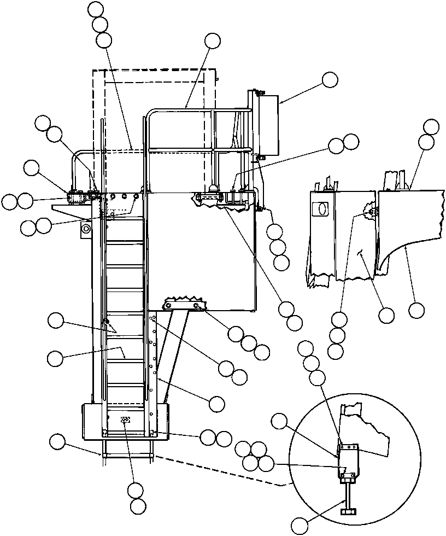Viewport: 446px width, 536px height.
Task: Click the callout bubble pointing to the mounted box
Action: (330, 80)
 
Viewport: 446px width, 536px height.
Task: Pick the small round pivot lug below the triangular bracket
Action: (85, 229)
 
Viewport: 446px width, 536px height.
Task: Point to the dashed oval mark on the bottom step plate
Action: (125, 420)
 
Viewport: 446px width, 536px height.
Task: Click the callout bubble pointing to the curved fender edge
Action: (416, 311)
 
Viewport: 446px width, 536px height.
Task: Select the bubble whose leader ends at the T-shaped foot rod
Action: (300, 526)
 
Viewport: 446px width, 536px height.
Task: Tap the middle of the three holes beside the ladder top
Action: (124, 196)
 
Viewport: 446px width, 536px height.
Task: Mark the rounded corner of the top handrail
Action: (150, 114)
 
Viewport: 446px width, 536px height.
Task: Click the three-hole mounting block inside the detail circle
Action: (348, 450)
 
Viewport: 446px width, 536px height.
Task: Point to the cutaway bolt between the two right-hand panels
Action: (371, 212)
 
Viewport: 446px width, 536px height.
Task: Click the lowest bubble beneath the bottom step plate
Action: (138, 506)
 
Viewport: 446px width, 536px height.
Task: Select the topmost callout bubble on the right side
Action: (431, 126)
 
